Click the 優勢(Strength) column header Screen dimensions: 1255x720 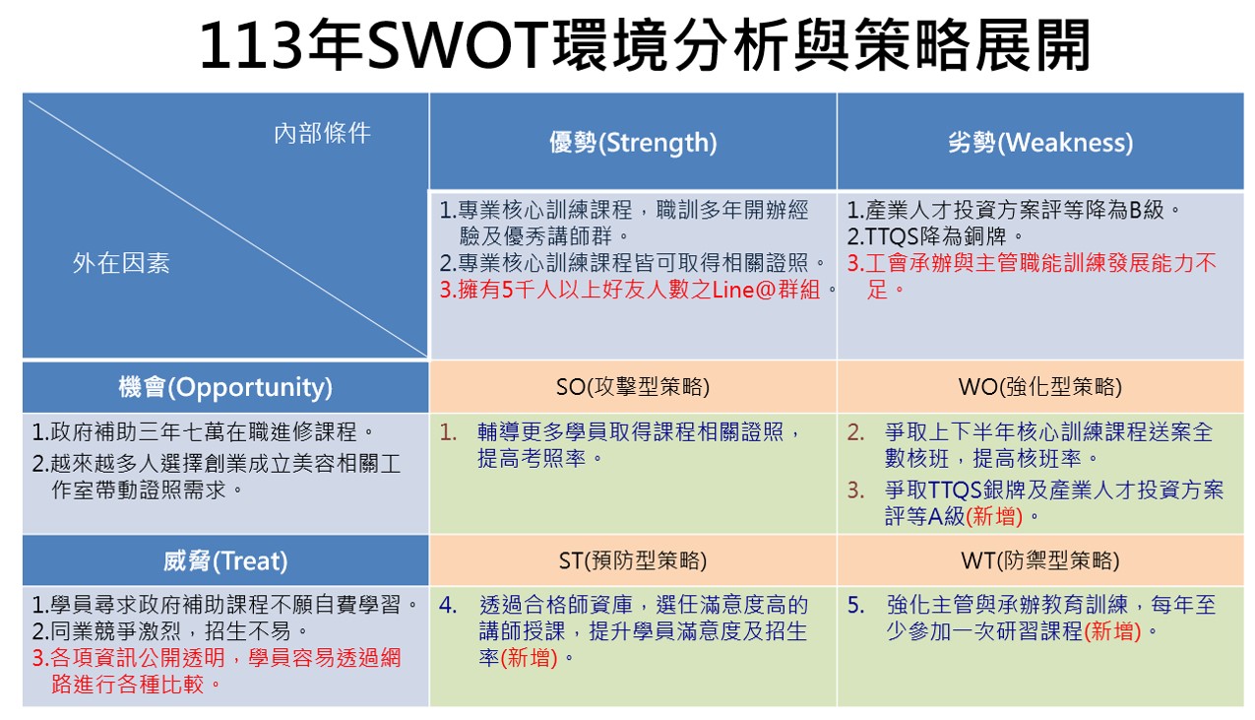pyautogui.click(x=633, y=143)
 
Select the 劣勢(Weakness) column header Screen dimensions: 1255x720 pyautogui.click(x=1040, y=143)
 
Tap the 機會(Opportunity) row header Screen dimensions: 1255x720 pyautogui.click(x=225, y=387)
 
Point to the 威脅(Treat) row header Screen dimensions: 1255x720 pyautogui.click(x=225, y=560)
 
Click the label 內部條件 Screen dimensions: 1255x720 pyautogui.click(x=322, y=133)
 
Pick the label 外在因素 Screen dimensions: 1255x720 pyautogui.click(x=121, y=263)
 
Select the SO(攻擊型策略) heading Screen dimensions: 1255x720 pyautogui.click(x=633, y=387)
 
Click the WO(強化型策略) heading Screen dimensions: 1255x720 pyautogui.click(x=1040, y=387)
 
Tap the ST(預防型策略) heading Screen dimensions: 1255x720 pyautogui.click(x=633, y=560)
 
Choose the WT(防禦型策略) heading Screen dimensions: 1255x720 pyautogui.click(x=1040, y=560)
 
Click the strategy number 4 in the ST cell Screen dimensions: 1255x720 pyautogui.click(x=448, y=606)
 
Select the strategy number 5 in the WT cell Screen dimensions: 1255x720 pyautogui.click(x=855, y=606)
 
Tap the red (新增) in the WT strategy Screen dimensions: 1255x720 pyautogui.click(x=1112, y=632)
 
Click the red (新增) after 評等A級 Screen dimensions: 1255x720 pyautogui.click(x=994, y=516)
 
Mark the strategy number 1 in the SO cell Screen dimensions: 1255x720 pyautogui.click(x=448, y=432)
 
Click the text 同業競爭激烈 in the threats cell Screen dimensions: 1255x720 pyautogui.click(x=116, y=632)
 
